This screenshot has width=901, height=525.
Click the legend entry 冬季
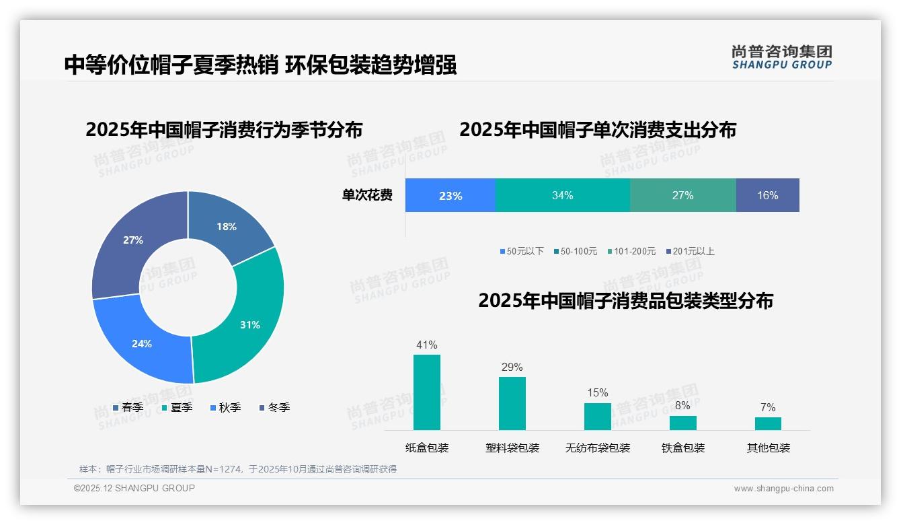click(274, 407)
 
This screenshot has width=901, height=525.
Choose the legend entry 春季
click(128, 407)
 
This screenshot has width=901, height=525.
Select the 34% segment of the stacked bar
click(563, 195)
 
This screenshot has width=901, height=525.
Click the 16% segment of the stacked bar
click(767, 195)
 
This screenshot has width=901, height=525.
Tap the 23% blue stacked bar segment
click(450, 195)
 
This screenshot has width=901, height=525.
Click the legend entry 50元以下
click(522, 251)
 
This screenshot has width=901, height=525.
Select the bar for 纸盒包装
click(427, 392)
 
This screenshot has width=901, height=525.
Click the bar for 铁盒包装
click(682, 423)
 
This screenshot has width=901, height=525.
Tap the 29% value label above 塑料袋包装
click(512, 367)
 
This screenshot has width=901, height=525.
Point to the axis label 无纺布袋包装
click(598, 448)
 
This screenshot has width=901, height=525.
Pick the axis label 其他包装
click(769, 448)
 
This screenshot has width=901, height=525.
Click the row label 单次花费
click(367, 195)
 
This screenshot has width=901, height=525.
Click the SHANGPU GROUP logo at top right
click(781, 57)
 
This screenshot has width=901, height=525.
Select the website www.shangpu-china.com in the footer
click(783, 488)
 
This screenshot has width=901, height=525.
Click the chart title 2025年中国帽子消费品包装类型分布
click(625, 301)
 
